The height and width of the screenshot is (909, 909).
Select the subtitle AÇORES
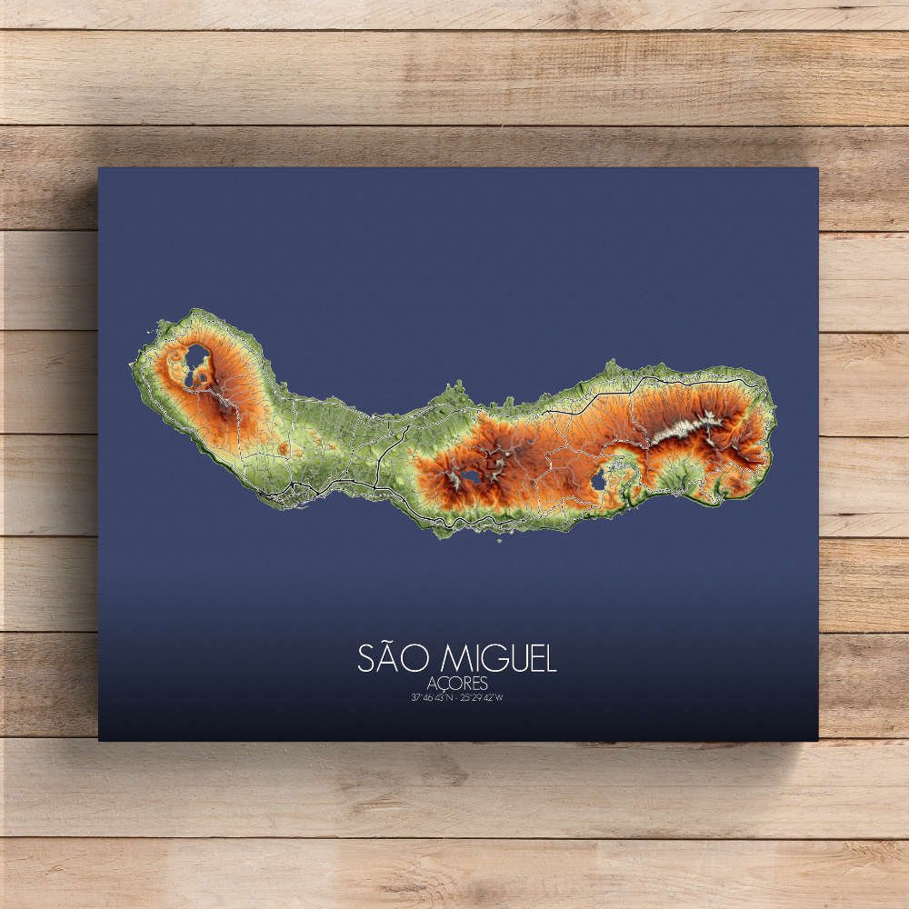coord(456,684)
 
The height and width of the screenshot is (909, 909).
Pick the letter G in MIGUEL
coord(479,658)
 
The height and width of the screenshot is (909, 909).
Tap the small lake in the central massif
coord(471,475)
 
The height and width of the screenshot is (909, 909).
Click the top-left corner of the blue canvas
coord(99,168)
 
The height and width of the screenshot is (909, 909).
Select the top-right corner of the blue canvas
coord(817,168)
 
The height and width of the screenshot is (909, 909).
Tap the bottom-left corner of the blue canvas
coord(99,740)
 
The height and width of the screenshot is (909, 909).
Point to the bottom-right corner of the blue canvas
coord(817,740)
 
